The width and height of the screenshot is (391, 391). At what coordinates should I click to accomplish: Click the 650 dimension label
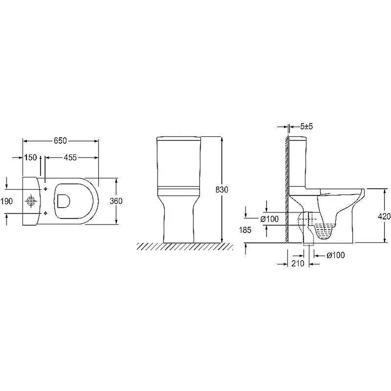(60, 141)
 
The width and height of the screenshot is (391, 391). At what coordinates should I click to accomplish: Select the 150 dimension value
(30, 157)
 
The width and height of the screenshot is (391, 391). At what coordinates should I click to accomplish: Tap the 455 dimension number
(70, 157)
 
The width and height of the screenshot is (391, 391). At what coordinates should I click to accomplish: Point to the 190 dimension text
(6, 201)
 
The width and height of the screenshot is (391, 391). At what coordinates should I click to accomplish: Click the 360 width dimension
(116, 201)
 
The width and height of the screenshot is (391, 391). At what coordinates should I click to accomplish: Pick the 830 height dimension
(222, 190)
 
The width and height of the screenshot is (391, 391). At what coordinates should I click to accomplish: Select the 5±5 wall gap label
(306, 127)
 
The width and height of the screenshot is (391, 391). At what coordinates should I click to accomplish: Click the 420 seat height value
(384, 216)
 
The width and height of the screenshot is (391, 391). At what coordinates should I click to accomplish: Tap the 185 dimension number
(245, 230)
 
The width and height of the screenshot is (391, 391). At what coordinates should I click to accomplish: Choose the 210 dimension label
(298, 263)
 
